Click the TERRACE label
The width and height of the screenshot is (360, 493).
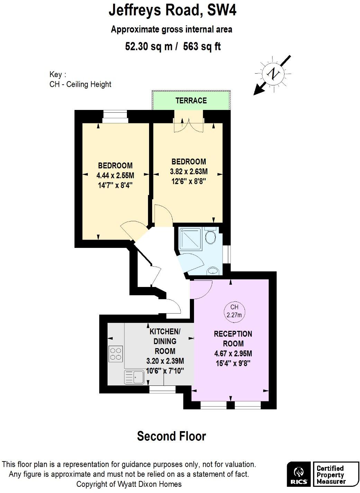tap(191, 101)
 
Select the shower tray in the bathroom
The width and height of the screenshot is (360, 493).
tap(191, 239)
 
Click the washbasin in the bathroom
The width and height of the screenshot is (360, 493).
tap(213, 270)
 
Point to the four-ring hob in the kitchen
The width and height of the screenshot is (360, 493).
tap(116, 354)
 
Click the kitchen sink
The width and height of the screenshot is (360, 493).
tap(134, 377)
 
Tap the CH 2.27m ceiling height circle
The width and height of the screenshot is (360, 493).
tap(234, 311)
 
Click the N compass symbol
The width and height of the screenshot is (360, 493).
tap(273, 74)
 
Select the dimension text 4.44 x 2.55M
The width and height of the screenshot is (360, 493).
tap(115, 175)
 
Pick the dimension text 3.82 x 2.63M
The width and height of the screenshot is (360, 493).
tap(189, 171)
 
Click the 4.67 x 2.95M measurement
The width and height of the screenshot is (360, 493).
tap(233, 353)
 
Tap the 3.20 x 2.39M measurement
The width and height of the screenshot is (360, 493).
tap(165, 361)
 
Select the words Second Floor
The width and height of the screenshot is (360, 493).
tap(171, 436)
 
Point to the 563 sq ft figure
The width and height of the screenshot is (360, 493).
tap(202, 46)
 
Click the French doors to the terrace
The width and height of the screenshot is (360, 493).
tap(188, 124)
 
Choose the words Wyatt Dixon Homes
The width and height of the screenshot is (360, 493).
tap(149, 484)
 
